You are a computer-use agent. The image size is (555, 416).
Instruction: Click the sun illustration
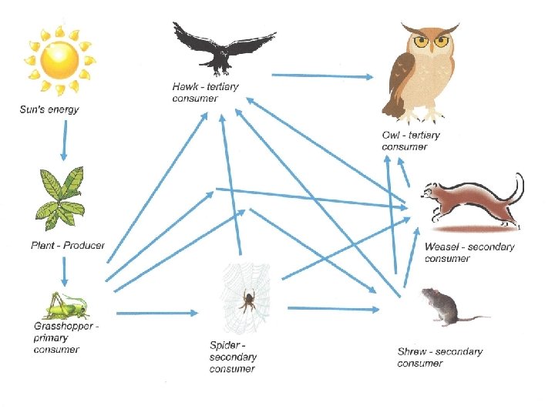point(60,60)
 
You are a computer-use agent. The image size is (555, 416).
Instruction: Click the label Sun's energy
point(49,109)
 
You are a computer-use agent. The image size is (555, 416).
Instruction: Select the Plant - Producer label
point(66,246)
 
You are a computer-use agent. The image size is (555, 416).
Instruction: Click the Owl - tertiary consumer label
point(411,140)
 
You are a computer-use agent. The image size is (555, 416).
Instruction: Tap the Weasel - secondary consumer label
point(469,253)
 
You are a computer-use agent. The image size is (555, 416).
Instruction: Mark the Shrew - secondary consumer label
point(439,357)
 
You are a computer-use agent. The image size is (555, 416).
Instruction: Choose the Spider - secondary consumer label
point(233,357)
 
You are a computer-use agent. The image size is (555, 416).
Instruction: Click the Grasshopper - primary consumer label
point(66,338)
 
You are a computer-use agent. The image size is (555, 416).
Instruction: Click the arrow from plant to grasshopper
point(65,271)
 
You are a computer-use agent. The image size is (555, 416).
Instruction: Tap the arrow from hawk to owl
point(322,75)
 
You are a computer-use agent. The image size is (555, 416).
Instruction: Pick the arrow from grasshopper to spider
point(157,313)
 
